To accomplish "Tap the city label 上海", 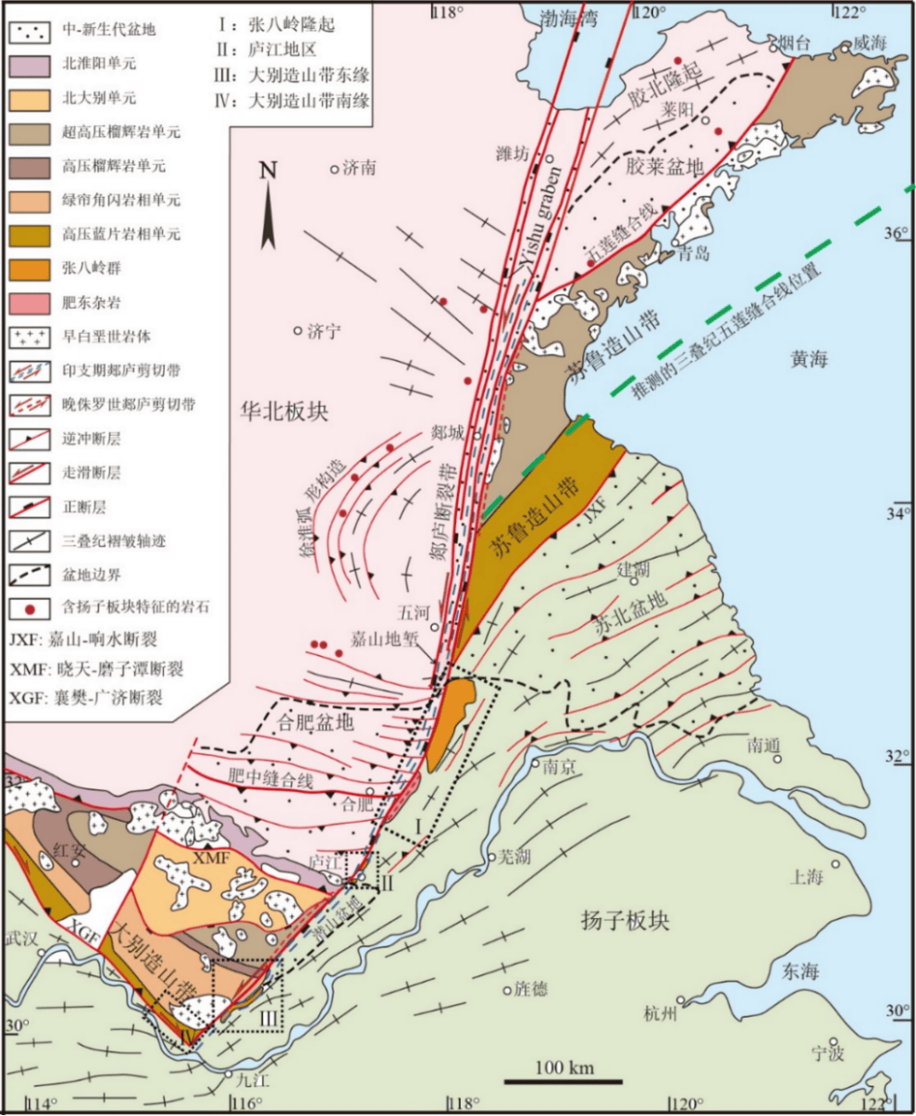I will [808, 875].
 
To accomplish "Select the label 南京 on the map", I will [562, 766].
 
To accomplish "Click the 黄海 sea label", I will [810, 359].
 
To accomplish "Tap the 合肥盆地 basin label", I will [316, 724].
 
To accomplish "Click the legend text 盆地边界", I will [93, 575].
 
